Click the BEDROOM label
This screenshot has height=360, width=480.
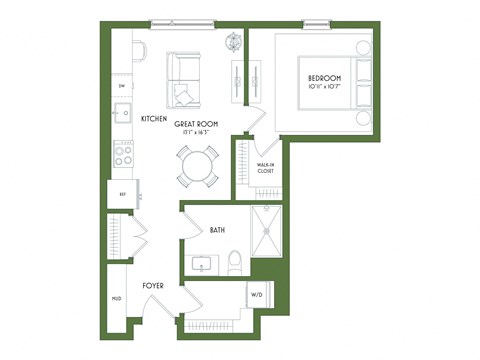coord(324,78)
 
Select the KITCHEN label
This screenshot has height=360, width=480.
coord(153,118)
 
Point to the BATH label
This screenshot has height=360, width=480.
coord(217,230)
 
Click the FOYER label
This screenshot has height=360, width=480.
coord(153,286)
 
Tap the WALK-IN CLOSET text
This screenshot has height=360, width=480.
coord(265,168)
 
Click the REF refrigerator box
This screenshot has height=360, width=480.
coord(124,193)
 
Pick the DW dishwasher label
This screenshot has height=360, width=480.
coord(122,86)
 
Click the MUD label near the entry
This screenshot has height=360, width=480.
coord(117,298)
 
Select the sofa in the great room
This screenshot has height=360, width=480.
coord(186,80)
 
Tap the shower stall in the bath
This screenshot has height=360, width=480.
coord(267,231)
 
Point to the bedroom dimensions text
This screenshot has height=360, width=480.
coord(324,87)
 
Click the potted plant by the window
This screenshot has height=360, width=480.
coord(234,42)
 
